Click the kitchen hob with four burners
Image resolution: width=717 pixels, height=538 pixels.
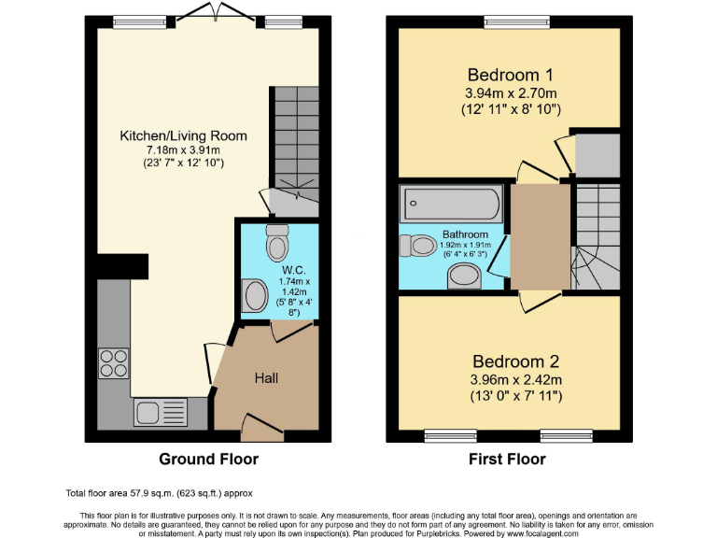tap(113, 362)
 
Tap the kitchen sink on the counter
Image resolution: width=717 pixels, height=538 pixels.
tap(159, 411)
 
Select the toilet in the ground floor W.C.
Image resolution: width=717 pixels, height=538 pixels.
tap(277, 244)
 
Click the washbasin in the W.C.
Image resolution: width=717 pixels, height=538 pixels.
tap(254, 297)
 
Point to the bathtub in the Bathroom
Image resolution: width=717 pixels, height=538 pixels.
tap(452, 202)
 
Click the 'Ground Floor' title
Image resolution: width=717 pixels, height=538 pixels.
tap(209, 459)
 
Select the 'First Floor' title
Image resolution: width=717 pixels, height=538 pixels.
tap(508, 459)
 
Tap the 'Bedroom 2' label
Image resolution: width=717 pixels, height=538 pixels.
tap(516, 361)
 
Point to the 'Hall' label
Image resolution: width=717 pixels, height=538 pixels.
tap(266, 378)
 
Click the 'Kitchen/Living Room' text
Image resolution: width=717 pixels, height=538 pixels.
tap(183, 135)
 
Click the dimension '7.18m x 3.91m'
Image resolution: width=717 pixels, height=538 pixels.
tap(183, 150)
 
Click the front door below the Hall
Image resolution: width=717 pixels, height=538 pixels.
tap(261, 428)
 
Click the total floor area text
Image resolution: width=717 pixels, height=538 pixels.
tap(159, 492)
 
